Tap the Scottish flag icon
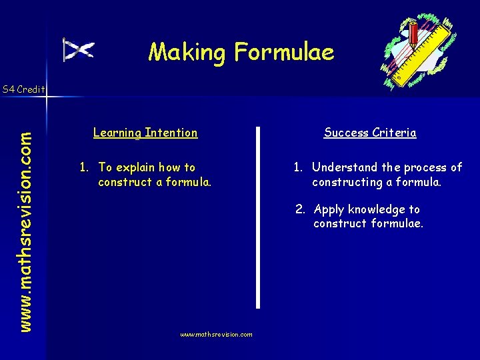pyautogui.click(x=78, y=50)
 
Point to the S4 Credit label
pyautogui.click(x=23, y=89)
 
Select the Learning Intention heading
pyautogui.click(x=145, y=133)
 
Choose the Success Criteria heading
pyautogui.click(x=370, y=133)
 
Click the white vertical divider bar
pyautogui.click(x=258, y=217)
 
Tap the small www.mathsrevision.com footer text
pyautogui.click(x=216, y=335)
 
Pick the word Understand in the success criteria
pyautogui.click(x=345, y=167)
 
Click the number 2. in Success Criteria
pyautogui.click(x=301, y=209)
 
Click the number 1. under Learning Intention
pyautogui.click(x=85, y=168)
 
